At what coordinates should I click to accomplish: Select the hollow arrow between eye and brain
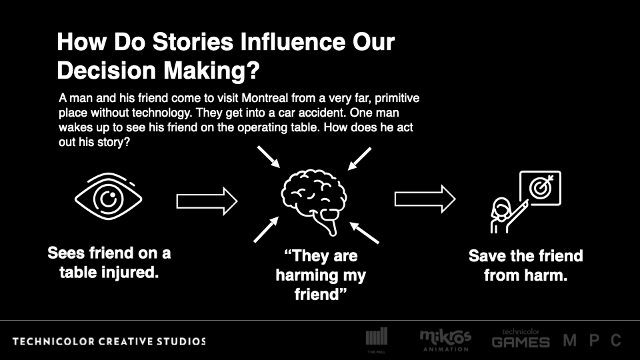coord(207,201)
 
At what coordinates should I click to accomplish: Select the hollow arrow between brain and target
coord(425,199)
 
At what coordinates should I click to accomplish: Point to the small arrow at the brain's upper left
coord(269,157)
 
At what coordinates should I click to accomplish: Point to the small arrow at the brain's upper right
coord(359,159)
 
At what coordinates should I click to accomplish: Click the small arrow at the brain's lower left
coord(266,229)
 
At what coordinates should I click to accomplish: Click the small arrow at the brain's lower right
coord(364,233)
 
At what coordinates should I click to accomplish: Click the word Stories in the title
coord(193,41)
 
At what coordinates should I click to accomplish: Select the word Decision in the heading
coord(107,70)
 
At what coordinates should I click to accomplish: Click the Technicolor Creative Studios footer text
coord(109,341)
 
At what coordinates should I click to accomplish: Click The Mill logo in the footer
coord(376,339)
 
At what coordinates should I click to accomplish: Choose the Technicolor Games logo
coord(521,339)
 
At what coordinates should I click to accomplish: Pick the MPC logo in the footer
coord(592,340)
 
